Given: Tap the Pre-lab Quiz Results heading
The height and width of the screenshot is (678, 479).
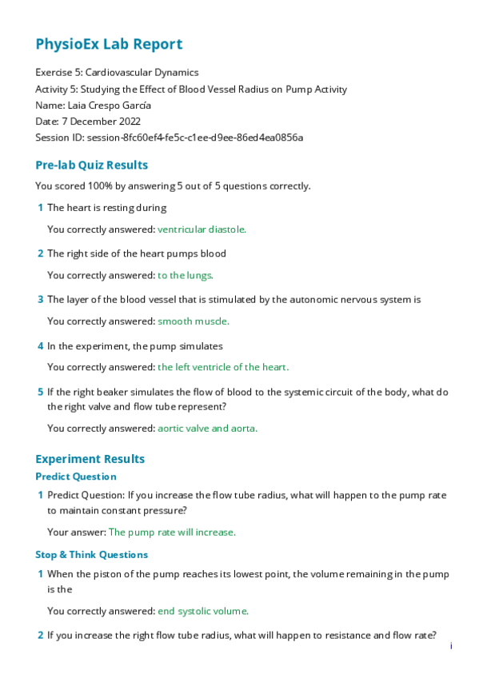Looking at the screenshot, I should pyautogui.click(x=91, y=166).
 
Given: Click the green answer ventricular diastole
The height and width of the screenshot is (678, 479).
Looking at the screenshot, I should pyautogui.click(x=202, y=229).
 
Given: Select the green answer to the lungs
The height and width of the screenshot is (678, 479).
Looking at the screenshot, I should pyautogui.click(x=186, y=275).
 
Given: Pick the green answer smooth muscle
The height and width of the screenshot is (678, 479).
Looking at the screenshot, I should pyautogui.click(x=193, y=321).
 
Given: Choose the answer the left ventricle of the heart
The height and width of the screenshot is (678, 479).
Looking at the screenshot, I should pyautogui.click(x=223, y=367).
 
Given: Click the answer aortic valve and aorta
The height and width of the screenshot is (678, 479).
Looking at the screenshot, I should pyautogui.click(x=207, y=428).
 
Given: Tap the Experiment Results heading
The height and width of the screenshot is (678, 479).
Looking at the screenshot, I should pyautogui.click(x=90, y=459).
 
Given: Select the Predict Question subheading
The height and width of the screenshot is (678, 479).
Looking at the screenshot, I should pyautogui.click(x=76, y=477).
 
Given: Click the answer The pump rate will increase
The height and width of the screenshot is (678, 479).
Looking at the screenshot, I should pyautogui.click(x=172, y=532).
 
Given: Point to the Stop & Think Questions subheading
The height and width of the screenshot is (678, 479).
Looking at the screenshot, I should pyautogui.click(x=91, y=554).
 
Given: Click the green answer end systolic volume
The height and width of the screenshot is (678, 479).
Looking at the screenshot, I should pyautogui.click(x=203, y=611).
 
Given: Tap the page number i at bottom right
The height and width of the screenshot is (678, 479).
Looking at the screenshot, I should pyautogui.click(x=451, y=645).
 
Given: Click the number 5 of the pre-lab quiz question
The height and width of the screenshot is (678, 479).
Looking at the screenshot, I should pyautogui.click(x=40, y=393).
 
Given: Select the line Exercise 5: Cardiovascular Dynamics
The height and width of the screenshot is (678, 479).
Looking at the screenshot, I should pyautogui.click(x=118, y=73).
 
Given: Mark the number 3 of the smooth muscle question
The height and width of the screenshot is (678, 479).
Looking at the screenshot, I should pyautogui.click(x=40, y=300).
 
